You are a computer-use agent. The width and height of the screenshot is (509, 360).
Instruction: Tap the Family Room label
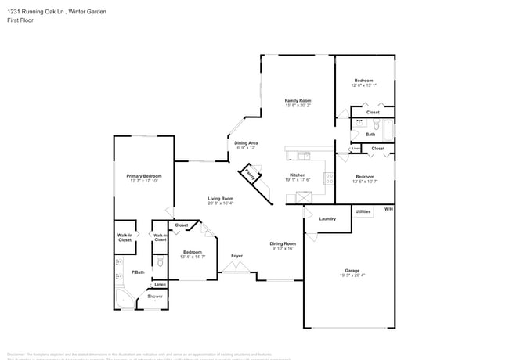coord(298,100)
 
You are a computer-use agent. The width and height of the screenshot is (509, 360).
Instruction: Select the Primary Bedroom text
coord(143,176)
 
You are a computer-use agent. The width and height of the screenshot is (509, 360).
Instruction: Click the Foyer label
coord(236,256)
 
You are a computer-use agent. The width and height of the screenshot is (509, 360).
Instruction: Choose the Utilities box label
coord(363,211)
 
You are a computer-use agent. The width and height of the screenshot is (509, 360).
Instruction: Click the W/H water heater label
coord(388,209)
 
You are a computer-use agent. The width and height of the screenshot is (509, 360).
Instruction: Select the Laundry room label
coord(327,218)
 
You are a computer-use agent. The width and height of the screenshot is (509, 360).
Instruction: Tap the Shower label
coord(155,297)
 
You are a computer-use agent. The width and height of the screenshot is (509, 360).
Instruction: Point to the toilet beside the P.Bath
coord(160,261)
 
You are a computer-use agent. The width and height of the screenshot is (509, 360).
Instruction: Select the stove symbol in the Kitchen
coord(330,177)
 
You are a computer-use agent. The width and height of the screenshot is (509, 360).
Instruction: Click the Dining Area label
coord(246,143)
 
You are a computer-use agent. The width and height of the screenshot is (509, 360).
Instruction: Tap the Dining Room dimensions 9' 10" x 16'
coord(282,248)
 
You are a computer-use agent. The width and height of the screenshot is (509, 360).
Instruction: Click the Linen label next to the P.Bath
coord(160,284)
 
